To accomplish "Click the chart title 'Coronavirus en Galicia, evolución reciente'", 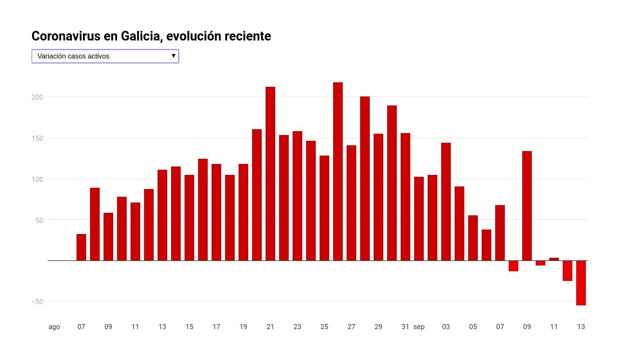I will [151, 37].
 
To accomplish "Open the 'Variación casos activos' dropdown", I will [105, 57].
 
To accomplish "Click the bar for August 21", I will [270, 174].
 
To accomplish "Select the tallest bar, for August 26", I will [338, 172].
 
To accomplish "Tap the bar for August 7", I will [81, 248].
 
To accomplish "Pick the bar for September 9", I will [527, 206].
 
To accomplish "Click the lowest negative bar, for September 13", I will [581, 283].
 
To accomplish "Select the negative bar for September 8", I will [513, 266].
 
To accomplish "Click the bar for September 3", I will [446, 202].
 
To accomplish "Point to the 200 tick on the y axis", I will [38, 97].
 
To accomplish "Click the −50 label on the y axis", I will [37, 301].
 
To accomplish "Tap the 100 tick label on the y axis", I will [38, 179].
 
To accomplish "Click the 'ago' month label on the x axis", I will [54, 327].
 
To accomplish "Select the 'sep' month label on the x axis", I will [419, 327].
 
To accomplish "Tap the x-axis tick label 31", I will [405, 327].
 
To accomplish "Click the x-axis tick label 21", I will [270, 327].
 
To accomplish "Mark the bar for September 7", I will [500, 233].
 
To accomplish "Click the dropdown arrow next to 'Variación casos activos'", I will [174, 56].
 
